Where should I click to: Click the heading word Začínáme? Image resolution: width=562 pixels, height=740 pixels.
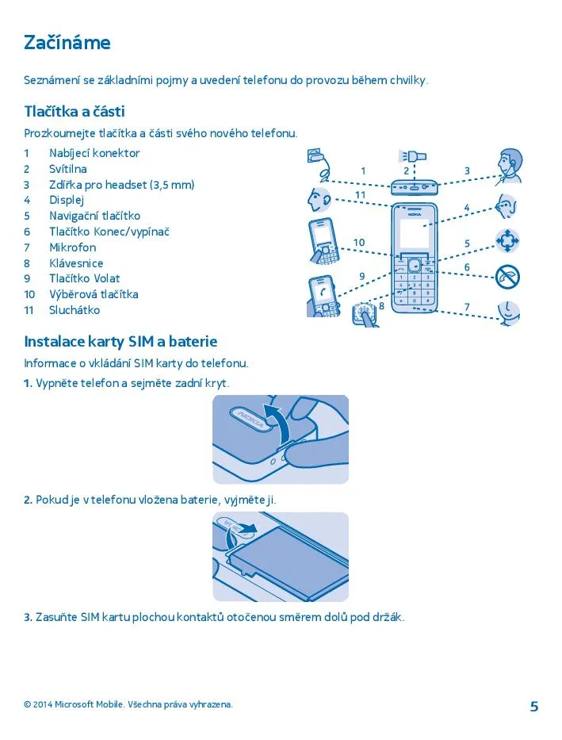pos(67,43)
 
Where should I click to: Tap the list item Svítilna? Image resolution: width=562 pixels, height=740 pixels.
pos(68,169)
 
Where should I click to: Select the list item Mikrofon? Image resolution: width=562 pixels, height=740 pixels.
pos(73,247)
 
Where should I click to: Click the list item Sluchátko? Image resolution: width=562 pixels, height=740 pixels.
pos(75,310)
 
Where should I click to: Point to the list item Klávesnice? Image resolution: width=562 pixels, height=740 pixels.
pos(76,263)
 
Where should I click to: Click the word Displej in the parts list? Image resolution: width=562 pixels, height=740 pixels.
pos(67,201)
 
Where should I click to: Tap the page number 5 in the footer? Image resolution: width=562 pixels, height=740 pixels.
pos(534,706)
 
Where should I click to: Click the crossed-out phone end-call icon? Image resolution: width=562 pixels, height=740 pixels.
pos(507,277)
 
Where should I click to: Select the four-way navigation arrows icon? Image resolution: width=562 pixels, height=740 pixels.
pos(507,240)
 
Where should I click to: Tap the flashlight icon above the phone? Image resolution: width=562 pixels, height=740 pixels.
pos(412,155)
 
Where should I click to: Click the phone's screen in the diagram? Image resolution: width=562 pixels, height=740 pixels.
pos(414,234)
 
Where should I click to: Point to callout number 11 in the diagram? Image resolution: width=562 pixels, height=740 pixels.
pos(360,195)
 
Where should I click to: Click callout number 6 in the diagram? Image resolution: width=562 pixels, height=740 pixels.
pos(467,267)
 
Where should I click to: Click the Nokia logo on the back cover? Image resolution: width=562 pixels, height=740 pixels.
pos(248,418)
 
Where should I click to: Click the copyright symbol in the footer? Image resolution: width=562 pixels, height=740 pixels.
pos(27,704)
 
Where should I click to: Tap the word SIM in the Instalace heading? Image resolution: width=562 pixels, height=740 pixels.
pos(141,341)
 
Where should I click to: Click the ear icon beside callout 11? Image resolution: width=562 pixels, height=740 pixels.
pos(319,200)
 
